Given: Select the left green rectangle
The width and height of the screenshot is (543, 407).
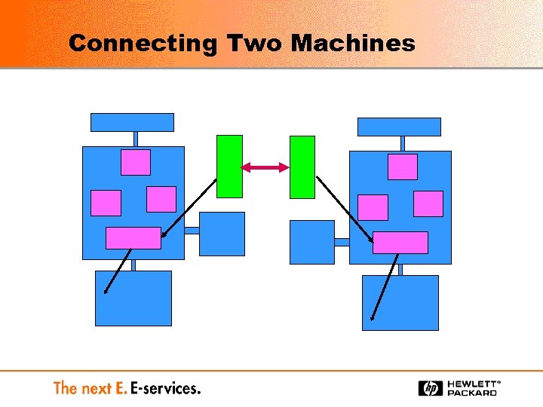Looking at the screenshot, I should point(229,167).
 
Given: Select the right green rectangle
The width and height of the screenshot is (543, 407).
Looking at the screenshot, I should point(302,167).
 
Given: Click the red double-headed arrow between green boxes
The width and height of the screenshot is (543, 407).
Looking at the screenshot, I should point(265,167).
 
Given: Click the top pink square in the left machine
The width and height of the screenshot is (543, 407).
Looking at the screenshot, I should point(136,162).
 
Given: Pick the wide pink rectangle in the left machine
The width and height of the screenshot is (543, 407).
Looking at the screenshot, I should point(133,237).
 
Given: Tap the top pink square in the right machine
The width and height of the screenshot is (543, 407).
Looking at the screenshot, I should point(403,167).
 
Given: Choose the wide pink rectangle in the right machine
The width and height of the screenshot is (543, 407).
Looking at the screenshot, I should point(400,243).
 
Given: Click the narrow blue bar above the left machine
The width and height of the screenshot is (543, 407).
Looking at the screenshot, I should point(132,122).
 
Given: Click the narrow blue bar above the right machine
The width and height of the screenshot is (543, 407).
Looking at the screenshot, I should point(399,127).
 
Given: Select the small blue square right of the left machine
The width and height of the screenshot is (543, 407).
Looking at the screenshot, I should point(222,234).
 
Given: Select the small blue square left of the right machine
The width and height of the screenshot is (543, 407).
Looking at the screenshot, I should point(311,242).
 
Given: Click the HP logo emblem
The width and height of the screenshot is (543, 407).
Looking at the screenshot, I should point(431,388).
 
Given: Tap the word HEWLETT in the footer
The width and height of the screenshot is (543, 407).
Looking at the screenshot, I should point(471,384).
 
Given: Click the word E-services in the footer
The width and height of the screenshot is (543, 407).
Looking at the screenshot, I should point(165,389).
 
